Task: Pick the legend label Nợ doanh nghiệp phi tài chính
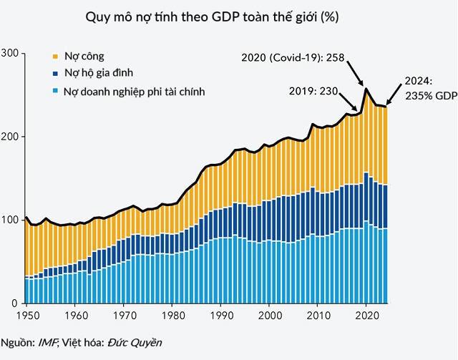pyautogui.click(x=135, y=91)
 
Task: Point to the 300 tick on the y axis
pyautogui.click(x=9, y=54)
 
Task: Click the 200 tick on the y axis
pyautogui.click(x=9, y=137)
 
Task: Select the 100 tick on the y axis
pyautogui.click(x=9, y=220)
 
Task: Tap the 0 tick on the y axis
pyautogui.click(x=14, y=303)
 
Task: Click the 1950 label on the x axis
pyautogui.click(x=25, y=316)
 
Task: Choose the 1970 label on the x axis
pyautogui.click(x=123, y=316)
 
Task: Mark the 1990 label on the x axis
pyautogui.click(x=220, y=316)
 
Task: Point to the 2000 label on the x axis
pyautogui.click(x=269, y=316)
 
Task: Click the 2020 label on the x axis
pyautogui.click(x=367, y=316)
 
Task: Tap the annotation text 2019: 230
pyautogui.click(x=313, y=91)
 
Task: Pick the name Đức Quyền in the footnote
pyautogui.click(x=135, y=343)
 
